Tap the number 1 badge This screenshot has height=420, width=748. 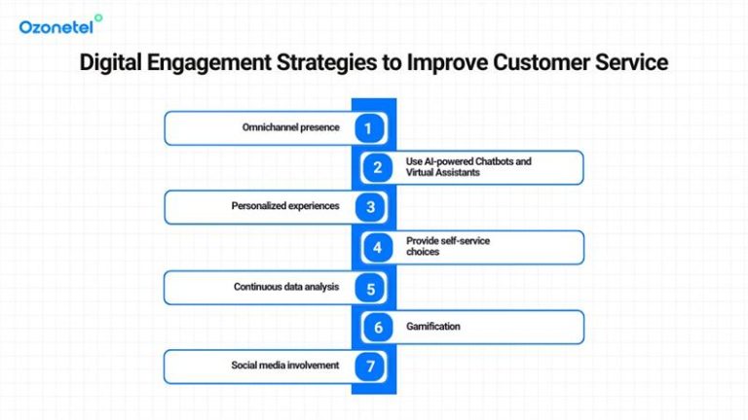click(x=368, y=127)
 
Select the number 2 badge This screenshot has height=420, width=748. click(x=378, y=167)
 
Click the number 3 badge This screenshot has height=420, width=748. click(x=368, y=207)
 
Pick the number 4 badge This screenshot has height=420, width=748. click(x=378, y=247)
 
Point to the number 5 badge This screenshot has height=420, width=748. click(x=368, y=287)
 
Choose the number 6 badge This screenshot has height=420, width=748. click(x=378, y=327)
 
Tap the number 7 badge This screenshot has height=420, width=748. click(x=368, y=367)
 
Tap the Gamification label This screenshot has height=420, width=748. click(x=433, y=327)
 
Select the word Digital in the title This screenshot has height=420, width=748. click(x=113, y=63)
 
